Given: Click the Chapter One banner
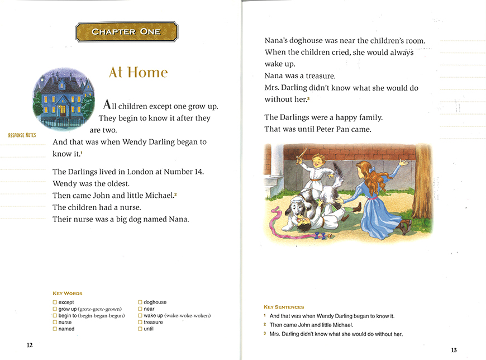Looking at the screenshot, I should pyautogui.click(x=126, y=32).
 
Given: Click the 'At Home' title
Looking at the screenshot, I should pyautogui.click(x=138, y=73).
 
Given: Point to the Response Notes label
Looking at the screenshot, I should pyautogui.click(x=22, y=135).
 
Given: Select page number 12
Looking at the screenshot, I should pyautogui.click(x=30, y=345).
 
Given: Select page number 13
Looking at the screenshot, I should pyautogui.click(x=454, y=350).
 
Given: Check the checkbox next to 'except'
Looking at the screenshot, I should pyautogui.click(x=55, y=302).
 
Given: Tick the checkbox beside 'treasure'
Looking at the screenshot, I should pyautogui.click(x=140, y=323).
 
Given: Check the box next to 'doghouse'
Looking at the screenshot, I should pyautogui.click(x=140, y=302).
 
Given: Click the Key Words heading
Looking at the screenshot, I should pyautogui.click(x=67, y=293).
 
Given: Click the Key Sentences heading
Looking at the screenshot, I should pyautogui.click(x=284, y=307).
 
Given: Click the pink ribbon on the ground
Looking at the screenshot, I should pyautogui.click(x=279, y=217).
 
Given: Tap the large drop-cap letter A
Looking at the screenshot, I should pyautogui.click(x=108, y=105).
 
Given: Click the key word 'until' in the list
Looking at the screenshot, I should pyautogui.click(x=149, y=329).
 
